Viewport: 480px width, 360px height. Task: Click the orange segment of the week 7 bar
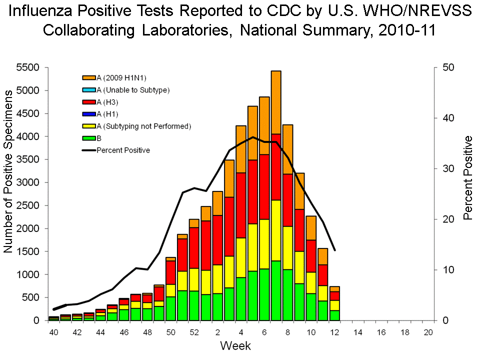point(276,102)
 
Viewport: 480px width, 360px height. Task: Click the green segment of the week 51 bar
point(181,305)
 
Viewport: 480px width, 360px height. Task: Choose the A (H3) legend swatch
point(89,102)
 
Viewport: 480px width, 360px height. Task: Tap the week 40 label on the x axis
point(53,332)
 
